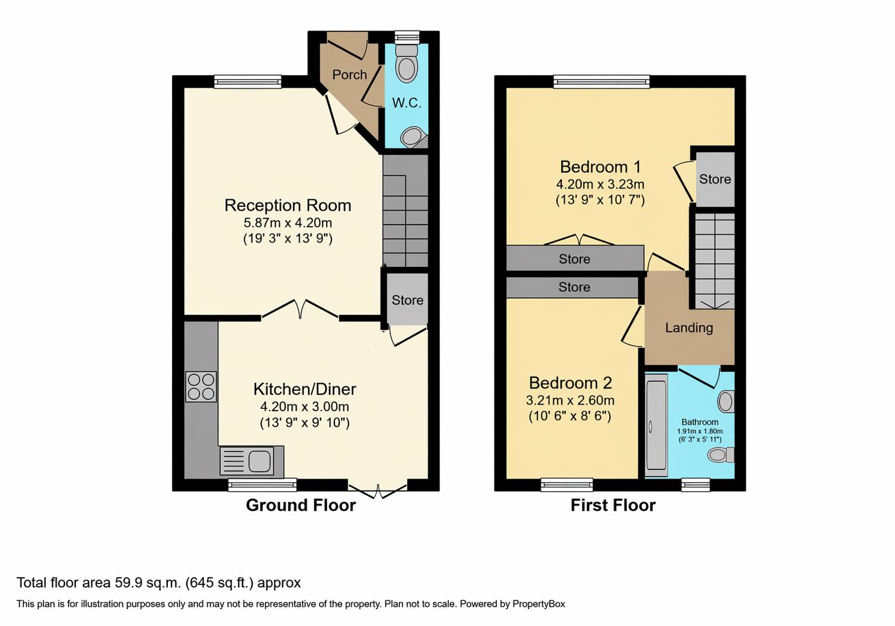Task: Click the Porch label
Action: point(350,75)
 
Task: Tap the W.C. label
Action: point(407,103)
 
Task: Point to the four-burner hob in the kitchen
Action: point(201,387)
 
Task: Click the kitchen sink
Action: point(252,462)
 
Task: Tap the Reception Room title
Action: point(288,205)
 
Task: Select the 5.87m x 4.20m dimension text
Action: point(288,223)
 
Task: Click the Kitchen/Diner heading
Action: point(305,389)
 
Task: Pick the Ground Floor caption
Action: point(301,505)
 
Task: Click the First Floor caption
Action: point(613,505)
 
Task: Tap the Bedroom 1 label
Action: point(600,167)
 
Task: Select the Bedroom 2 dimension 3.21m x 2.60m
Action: point(570,400)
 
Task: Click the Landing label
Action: point(689,328)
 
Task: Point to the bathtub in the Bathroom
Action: point(656,425)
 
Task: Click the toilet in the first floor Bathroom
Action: point(721,455)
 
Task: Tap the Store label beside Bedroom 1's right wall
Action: point(715,179)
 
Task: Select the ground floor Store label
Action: point(408,300)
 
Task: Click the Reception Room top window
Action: point(248,82)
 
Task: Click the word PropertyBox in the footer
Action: point(539,604)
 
